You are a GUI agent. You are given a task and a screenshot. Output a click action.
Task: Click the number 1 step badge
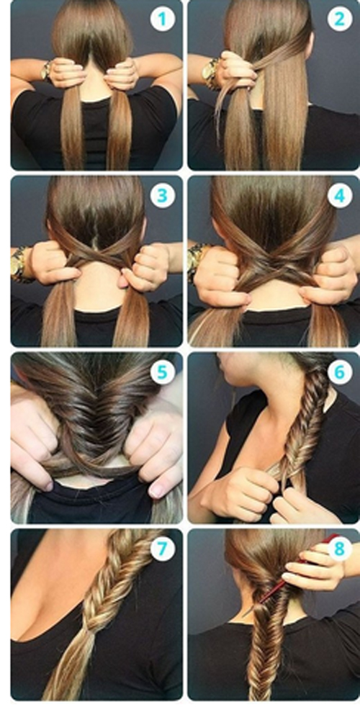tap(162, 19)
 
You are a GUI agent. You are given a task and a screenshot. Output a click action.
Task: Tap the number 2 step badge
tap(339, 19)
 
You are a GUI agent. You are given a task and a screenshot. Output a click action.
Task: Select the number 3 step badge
tap(162, 196)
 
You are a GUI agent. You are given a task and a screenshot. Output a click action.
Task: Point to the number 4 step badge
tap(339, 196)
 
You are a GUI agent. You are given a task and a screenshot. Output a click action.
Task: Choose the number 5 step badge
tap(162, 372)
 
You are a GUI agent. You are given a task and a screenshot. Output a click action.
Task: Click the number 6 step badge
tap(339, 372)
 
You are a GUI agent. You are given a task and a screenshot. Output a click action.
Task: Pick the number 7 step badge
tap(162, 549)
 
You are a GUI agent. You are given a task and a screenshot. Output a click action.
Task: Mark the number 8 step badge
tap(339, 549)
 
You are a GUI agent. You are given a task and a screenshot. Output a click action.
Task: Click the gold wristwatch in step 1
tap(46, 71)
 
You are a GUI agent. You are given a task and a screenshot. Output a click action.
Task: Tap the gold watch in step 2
tap(210, 73)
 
